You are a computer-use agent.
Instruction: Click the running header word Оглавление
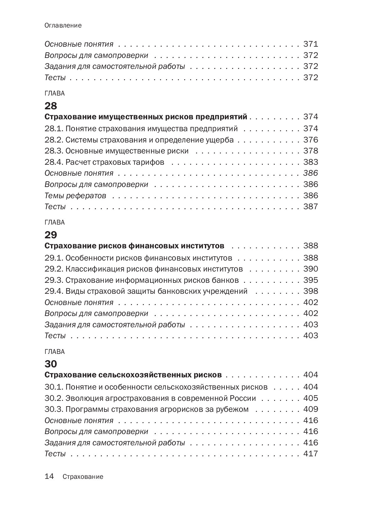[x=63, y=26]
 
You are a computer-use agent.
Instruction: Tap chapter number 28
[x=51, y=106]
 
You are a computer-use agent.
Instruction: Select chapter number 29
[x=51, y=235]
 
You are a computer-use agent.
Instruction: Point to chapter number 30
[x=51, y=364]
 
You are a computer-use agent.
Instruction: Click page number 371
[x=310, y=44]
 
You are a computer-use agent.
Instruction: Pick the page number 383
[x=310, y=162]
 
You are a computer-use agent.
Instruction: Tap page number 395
[x=310, y=280]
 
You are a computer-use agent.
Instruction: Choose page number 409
[x=310, y=409]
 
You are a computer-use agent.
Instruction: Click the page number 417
[x=310, y=453]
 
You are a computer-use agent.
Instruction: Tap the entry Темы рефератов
[x=75, y=196]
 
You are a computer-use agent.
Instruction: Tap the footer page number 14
[x=50, y=477]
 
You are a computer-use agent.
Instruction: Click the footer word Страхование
[x=83, y=477]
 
